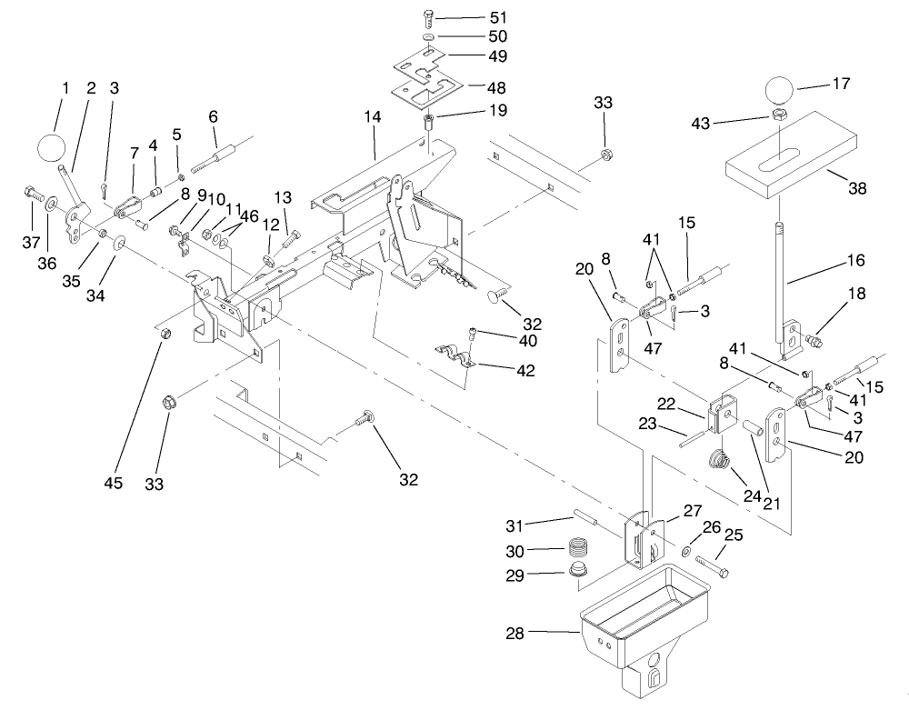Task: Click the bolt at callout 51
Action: click(431, 17)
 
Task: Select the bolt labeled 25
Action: click(714, 567)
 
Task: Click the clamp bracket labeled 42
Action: click(454, 355)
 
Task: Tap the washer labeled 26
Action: click(687, 553)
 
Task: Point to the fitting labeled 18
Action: click(814, 341)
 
